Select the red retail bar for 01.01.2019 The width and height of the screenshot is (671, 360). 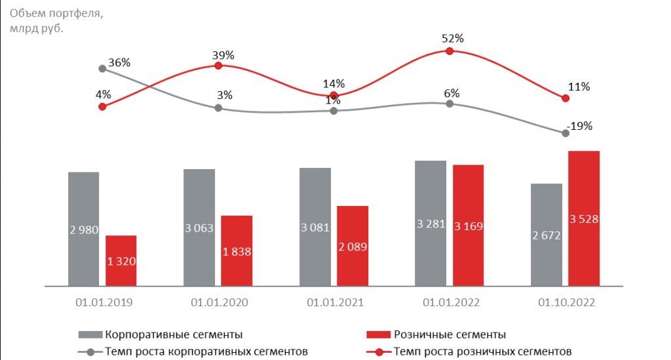pos(121,260)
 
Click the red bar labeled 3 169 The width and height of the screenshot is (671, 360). pos(468,225)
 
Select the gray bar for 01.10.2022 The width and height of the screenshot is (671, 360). pos(546,234)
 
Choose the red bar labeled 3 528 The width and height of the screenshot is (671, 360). pos(584,218)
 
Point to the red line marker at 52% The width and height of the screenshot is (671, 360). pos(450,50)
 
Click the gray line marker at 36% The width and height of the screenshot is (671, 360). pos(102,68)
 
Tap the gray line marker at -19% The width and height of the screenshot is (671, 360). pos(566,133)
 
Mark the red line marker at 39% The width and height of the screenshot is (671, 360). pos(218,66)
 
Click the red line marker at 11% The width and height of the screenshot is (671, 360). pos(566,98)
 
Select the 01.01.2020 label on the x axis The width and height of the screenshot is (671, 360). pos(218,303)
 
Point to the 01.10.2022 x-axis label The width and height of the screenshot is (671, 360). pos(566,303)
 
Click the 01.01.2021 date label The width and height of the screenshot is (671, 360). pos(334,303)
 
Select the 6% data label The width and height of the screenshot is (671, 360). pos(451,92)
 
